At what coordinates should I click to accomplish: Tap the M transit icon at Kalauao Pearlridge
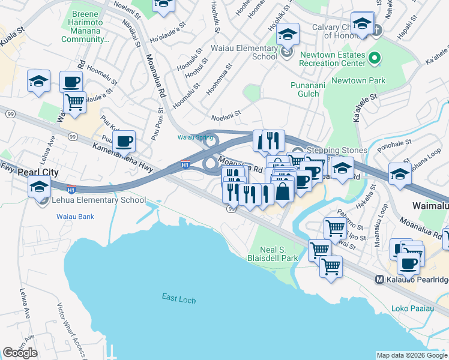tap(379, 280)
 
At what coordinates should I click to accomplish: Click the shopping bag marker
tap(284, 192)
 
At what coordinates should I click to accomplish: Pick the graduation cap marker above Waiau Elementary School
tap(288, 34)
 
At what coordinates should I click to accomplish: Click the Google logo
tap(20, 353)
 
